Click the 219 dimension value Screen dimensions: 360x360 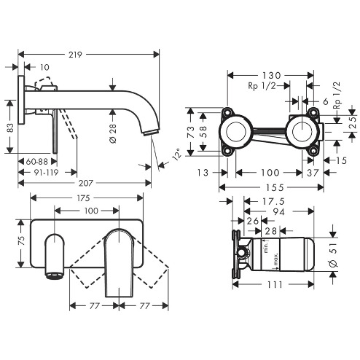75,55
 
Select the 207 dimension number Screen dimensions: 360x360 86,183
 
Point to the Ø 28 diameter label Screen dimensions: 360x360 113,133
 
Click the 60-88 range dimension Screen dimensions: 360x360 37,162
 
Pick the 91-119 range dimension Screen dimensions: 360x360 46,172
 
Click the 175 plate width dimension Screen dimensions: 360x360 83,198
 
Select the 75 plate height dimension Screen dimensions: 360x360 21,240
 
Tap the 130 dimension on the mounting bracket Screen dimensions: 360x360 271,76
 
